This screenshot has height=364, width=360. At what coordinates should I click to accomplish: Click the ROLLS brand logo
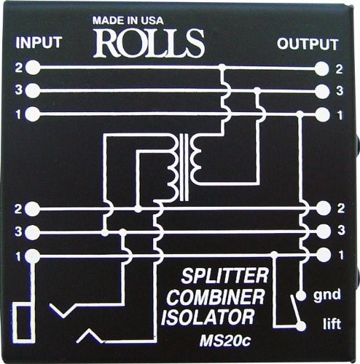pyautogui.click(x=149, y=44)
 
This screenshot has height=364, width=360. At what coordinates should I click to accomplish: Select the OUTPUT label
pyautogui.click(x=308, y=44)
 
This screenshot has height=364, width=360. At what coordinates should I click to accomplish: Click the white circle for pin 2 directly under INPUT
pyautogui.click(x=33, y=68)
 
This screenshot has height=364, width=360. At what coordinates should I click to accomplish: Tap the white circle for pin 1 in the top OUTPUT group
pyautogui.click(x=322, y=114)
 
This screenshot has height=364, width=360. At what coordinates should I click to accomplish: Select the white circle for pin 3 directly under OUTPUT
pyautogui.click(x=322, y=91)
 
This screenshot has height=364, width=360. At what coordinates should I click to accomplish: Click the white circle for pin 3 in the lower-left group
pyautogui.click(x=33, y=232)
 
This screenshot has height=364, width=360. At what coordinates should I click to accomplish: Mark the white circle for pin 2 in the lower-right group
pyautogui.click(x=322, y=210)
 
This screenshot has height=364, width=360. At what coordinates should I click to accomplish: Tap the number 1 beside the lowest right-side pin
pyautogui.click(x=340, y=256)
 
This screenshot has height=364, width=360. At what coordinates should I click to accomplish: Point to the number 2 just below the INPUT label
pyautogui.click(x=17, y=68)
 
